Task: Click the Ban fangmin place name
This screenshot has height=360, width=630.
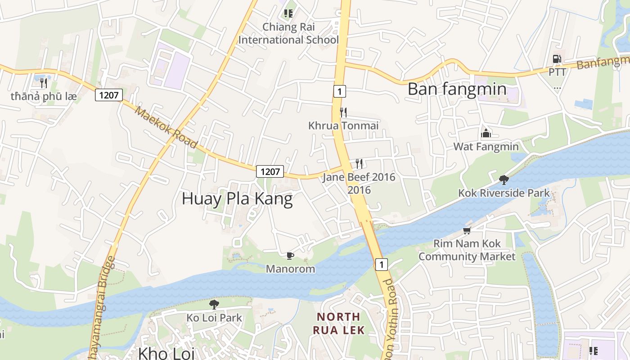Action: pos(457,89)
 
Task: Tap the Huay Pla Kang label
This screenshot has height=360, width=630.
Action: pos(237,198)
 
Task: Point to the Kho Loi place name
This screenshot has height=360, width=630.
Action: pos(166,353)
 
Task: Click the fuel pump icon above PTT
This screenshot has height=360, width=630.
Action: pos(557,59)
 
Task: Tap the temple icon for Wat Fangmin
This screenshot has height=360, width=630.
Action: pos(486,133)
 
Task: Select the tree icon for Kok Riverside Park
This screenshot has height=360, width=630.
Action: pos(504,180)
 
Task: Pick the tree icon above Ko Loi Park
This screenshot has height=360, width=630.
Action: pos(214,304)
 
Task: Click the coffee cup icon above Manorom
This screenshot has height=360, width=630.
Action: pos(290,256)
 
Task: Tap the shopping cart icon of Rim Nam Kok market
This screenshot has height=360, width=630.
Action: pos(467,231)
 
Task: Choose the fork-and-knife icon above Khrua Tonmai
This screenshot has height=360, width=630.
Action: pos(343,112)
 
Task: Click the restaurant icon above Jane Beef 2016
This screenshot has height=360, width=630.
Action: pos(359,163)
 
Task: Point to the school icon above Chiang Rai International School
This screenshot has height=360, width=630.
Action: pos(288,13)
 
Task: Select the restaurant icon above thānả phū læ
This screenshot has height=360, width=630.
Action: pos(43,83)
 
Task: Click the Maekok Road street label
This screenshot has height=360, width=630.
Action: pos(166,128)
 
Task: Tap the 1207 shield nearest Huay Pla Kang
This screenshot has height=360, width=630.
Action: pos(270,171)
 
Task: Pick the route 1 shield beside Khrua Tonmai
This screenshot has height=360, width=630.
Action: pos(339,91)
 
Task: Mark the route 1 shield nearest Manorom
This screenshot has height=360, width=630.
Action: pos(381,265)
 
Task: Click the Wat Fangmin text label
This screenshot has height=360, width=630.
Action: pos(486,147)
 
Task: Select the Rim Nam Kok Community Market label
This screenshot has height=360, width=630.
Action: pos(467,250)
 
